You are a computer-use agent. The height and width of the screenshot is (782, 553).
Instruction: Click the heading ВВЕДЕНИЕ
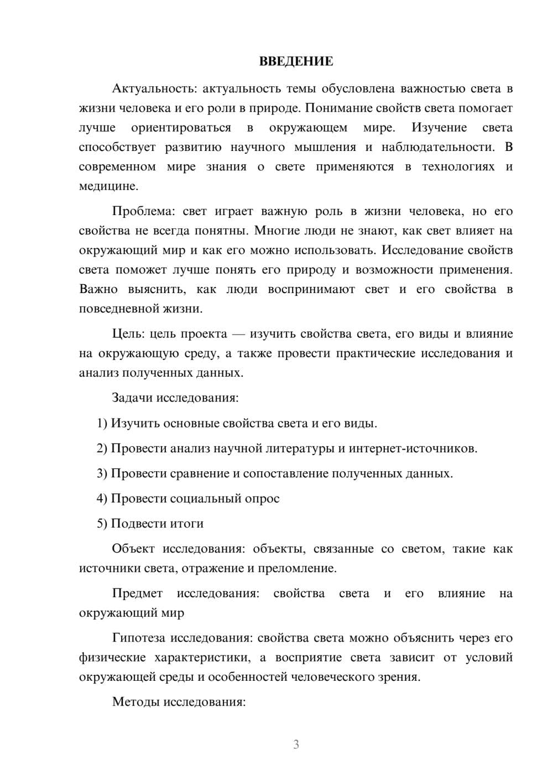296,61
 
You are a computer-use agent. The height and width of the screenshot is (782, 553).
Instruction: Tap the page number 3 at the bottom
296,744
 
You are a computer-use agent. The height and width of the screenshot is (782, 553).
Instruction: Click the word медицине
108,186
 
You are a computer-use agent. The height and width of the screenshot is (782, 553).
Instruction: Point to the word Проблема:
143,211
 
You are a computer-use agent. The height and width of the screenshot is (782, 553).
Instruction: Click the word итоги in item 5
187,523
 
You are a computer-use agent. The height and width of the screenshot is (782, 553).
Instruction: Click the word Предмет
137,593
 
